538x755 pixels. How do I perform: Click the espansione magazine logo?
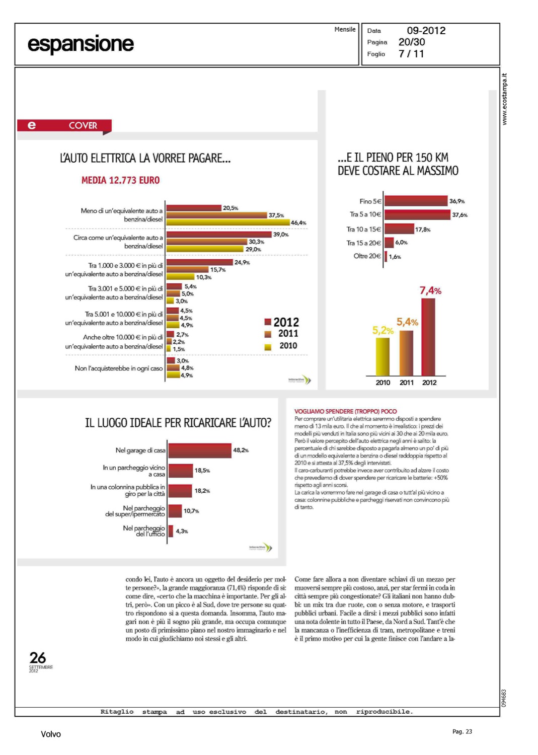tap(81, 44)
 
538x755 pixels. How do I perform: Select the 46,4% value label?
tap(298, 222)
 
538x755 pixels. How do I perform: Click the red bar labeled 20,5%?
tap(194, 208)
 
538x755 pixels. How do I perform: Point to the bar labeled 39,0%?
tap(218, 234)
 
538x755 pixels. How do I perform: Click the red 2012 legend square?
tap(268, 322)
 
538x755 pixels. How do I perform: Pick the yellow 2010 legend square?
tap(268, 346)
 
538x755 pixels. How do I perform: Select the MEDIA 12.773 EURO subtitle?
tap(120, 180)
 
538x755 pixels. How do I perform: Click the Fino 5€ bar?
tap(416, 201)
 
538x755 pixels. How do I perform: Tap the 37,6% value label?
tap(459, 215)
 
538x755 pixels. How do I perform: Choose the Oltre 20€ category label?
tap(367, 256)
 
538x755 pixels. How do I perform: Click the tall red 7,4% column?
tap(428, 337)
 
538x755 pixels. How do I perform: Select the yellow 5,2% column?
tap(382, 357)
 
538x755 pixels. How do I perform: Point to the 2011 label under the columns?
tap(406, 383)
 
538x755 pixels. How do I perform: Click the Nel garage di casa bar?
tap(199, 450)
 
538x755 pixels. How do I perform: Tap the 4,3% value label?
tap(182, 531)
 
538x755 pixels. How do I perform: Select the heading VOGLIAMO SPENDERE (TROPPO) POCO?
tap(345, 411)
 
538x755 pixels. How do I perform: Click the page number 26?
tap(38, 657)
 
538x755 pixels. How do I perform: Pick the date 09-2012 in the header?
tap(426, 31)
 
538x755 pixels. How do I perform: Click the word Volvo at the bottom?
tap(51, 734)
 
